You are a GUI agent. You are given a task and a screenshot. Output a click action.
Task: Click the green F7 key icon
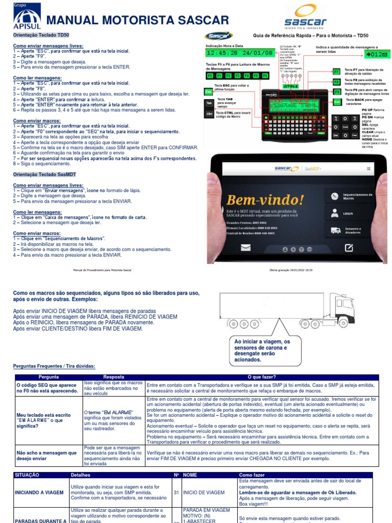click(x=336, y=72)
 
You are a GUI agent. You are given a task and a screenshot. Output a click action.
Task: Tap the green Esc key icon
click(x=209, y=91)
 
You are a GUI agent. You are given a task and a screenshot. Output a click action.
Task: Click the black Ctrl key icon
click(x=209, y=113)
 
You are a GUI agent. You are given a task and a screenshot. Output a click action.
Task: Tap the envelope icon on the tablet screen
click(x=246, y=248)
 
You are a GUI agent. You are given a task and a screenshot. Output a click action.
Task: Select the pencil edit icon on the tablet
click(x=349, y=248)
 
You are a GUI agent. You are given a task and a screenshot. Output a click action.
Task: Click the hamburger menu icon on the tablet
click(x=369, y=169)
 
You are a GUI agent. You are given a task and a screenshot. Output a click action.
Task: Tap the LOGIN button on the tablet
click(x=348, y=213)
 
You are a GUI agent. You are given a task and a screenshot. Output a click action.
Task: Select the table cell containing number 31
click(x=176, y=492)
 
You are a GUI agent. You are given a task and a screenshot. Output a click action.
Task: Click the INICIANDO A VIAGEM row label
click(x=40, y=492)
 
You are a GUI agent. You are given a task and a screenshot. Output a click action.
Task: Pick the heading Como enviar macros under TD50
click(x=37, y=121)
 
